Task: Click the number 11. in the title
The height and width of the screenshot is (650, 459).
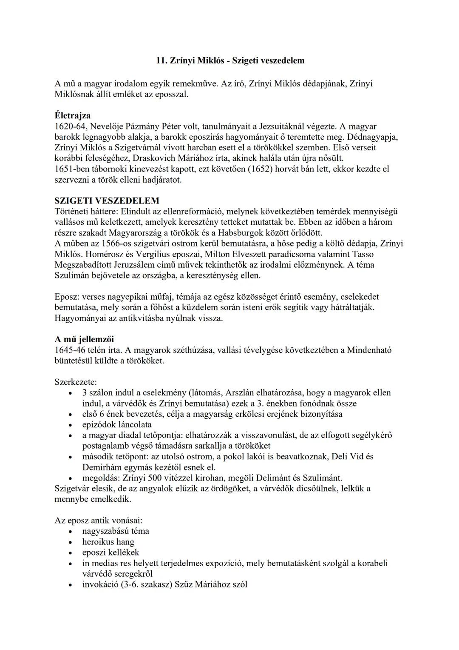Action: pos(161,61)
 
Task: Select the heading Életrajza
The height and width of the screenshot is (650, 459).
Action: pos(72,115)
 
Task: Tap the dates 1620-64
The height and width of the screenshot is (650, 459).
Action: pos(71,126)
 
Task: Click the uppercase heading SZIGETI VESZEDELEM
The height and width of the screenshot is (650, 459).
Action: pos(107,200)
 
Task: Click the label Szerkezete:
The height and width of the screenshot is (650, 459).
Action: pos(76,382)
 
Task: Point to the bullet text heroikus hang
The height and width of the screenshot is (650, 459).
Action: pos(108,542)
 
